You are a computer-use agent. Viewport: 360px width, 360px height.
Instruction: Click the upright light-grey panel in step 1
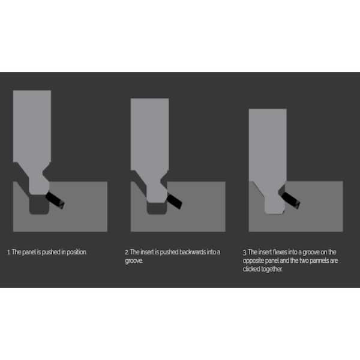point(32,126)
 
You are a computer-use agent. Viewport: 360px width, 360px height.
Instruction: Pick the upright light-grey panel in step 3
point(267,144)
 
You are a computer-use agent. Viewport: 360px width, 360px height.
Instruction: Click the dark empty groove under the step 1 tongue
point(39,207)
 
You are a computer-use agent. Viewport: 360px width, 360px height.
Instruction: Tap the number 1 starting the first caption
point(8,253)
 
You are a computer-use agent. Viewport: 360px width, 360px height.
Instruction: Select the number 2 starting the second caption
point(127,253)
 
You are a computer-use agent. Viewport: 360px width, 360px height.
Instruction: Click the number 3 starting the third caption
point(244,253)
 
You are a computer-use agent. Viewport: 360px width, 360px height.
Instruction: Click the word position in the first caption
point(76,253)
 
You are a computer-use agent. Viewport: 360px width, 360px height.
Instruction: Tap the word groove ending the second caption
point(134,261)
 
